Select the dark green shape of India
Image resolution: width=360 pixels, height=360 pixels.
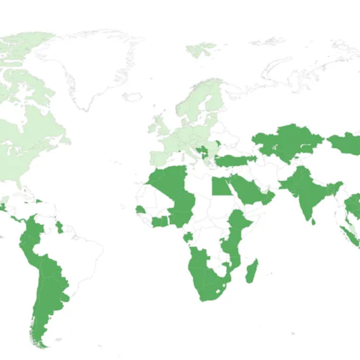[304, 191]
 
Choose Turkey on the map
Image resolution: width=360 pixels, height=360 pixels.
[236, 161]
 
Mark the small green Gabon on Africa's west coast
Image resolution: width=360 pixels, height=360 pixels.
[187, 238]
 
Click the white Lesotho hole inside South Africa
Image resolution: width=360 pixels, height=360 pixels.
[219, 287]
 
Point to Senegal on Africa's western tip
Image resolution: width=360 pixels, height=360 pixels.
[141, 209]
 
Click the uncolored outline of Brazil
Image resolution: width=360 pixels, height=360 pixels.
[77, 258]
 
